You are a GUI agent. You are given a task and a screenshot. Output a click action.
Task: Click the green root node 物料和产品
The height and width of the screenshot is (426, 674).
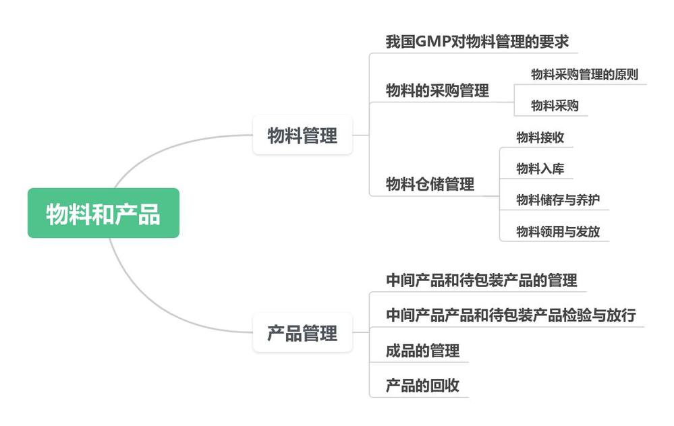[103, 213]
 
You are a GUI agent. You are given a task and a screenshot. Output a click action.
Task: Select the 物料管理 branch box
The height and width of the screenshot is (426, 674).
[302, 135]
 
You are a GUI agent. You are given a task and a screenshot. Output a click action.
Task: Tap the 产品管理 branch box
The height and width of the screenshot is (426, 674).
[302, 332]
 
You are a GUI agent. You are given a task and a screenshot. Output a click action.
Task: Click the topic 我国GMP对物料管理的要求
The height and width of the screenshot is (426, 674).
[477, 42]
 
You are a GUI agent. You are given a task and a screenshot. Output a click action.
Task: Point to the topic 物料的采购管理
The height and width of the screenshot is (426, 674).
[437, 91]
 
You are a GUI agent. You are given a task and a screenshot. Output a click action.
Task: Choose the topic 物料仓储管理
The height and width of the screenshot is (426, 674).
[430, 183]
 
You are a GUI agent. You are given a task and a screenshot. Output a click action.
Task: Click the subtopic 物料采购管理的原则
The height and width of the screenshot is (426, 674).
[584, 74]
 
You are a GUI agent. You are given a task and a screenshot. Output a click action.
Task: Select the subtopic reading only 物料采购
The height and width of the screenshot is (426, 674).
[555, 106]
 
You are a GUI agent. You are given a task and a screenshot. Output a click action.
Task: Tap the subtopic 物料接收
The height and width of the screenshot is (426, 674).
[540, 138]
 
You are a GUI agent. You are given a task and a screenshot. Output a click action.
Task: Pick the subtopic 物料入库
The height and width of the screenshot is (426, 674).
[540, 169]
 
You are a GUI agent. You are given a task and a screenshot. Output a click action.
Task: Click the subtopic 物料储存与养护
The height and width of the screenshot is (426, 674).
[558, 200]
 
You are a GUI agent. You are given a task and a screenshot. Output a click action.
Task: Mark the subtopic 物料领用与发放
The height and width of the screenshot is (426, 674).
[558, 232]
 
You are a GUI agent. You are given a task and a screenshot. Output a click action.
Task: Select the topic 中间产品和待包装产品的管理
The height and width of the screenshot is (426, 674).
[481, 280]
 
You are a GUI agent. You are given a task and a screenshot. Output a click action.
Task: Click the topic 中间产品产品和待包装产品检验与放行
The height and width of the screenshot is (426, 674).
[511, 315]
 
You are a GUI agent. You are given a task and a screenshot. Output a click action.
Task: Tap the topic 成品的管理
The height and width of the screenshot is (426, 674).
[422, 351]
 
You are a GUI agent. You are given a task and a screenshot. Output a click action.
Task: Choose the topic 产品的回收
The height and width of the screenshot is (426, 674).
[422, 386]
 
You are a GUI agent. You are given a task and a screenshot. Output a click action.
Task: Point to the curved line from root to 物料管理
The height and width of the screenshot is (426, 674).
[169, 146]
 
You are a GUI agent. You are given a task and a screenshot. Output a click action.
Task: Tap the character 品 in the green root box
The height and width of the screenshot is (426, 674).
[149, 214]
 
